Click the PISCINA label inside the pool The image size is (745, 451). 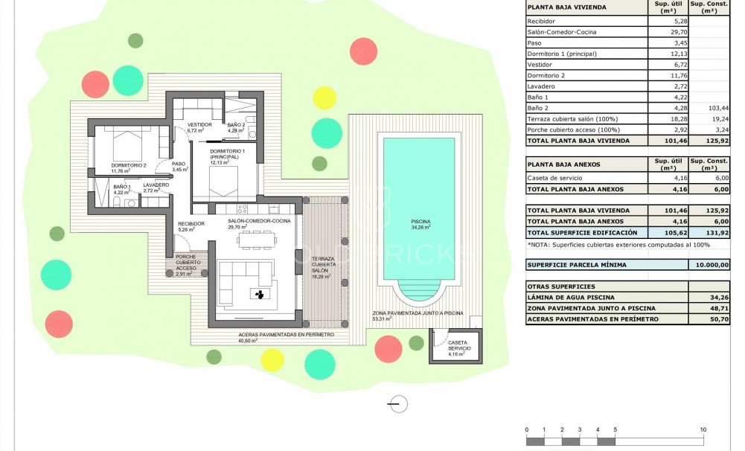[x=420, y=221]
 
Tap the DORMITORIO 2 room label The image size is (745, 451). [x=129, y=165]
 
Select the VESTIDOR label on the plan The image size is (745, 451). [x=199, y=124]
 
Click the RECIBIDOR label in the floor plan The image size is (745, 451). [x=191, y=223]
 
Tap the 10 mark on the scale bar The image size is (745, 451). [x=703, y=430]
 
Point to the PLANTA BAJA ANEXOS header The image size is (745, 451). [x=563, y=164]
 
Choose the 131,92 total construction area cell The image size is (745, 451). [x=709, y=232]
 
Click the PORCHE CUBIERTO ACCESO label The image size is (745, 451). [x=186, y=262]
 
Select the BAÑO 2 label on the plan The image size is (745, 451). [x=236, y=124]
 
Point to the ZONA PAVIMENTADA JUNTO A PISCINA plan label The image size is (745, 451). [x=418, y=313]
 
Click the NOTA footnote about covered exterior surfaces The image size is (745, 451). [x=618, y=243]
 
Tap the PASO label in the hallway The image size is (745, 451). [x=179, y=164]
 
